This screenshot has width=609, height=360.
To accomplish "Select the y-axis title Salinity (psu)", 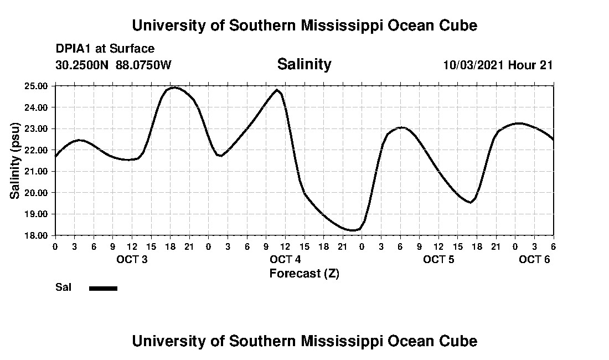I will pyautogui.click(x=15, y=161).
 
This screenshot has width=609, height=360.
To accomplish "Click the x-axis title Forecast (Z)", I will pyautogui.click(x=304, y=274).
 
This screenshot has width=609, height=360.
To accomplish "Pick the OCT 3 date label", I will pyautogui.click(x=131, y=260).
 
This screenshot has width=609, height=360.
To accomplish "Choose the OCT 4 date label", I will pyautogui.click(x=285, y=260).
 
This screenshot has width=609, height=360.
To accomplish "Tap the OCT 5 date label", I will pyautogui.click(x=438, y=260).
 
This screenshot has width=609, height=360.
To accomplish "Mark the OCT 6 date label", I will pyautogui.click(x=534, y=260).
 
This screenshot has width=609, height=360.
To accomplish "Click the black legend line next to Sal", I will pyautogui.click(x=103, y=288).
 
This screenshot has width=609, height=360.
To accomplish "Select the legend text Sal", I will pyautogui.click(x=63, y=287).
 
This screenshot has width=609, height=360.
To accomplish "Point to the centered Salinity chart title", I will pyautogui.click(x=304, y=64).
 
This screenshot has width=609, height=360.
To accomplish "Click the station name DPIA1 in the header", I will pyautogui.click(x=74, y=49).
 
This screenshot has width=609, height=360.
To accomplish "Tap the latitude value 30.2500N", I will pyautogui.click(x=82, y=65).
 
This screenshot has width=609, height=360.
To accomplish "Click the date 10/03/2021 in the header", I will pyautogui.click(x=473, y=65).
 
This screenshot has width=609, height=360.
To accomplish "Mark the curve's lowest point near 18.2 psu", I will pyautogui.click(x=353, y=230).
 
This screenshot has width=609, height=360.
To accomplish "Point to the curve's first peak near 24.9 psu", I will pyautogui.click(x=174, y=87).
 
